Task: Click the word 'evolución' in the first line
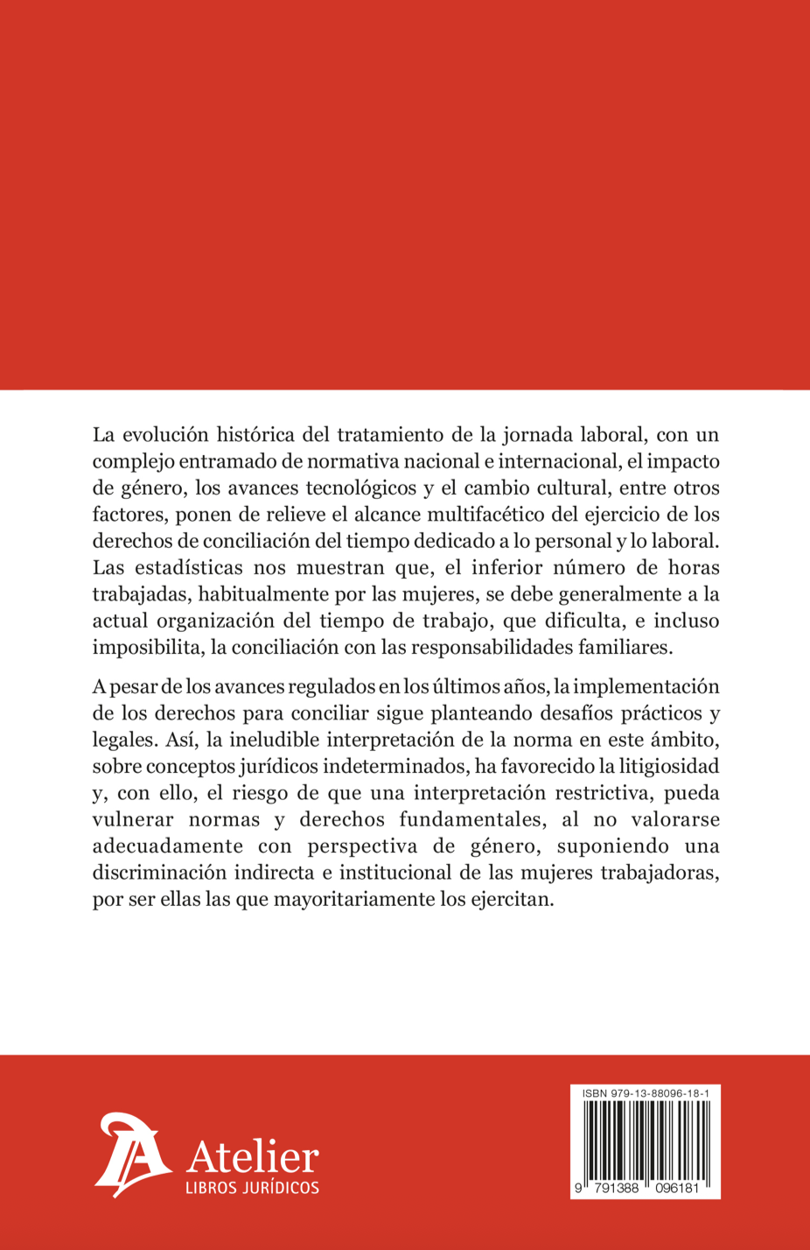(x=164, y=434)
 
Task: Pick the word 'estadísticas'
(x=185, y=567)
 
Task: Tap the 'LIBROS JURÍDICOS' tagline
(x=252, y=1188)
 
